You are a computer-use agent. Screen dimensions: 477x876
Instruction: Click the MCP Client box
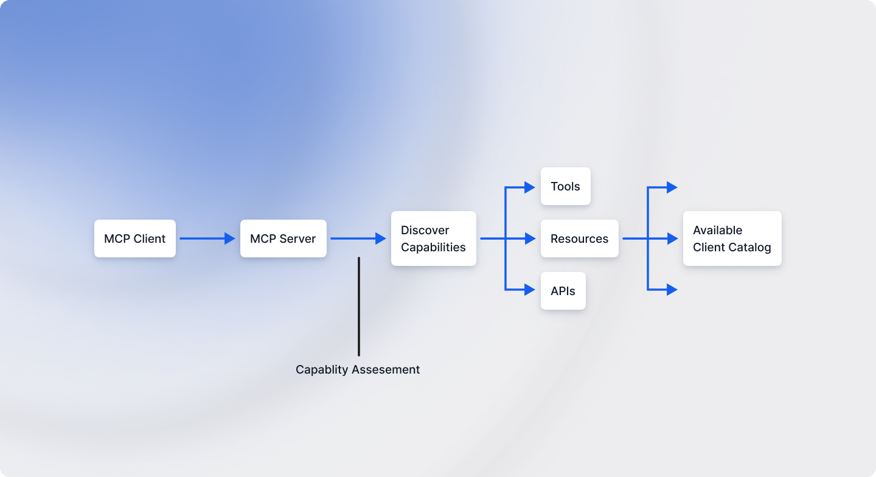[x=134, y=238]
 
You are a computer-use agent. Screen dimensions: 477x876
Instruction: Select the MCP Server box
[x=283, y=238]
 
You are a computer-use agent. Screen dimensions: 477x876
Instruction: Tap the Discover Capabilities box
[x=433, y=238]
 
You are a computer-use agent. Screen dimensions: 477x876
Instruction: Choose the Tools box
[x=565, y=187]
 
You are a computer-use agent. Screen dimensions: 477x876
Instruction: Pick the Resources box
[x=579, y=238]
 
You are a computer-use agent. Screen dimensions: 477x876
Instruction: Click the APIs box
[x=563, y=291]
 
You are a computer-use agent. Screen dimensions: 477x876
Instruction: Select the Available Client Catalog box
[x=732, y=238]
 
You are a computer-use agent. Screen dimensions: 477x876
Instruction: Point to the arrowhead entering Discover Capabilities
[x=381, y=238]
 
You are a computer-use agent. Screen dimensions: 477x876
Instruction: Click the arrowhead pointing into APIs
[x=530, y=290]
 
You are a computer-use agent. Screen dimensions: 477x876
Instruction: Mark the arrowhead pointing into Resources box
[x=530, y=238]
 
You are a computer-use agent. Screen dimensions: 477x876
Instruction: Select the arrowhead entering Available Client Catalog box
[x=672, y=238]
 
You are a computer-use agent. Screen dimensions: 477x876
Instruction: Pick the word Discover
[x=425, y=231]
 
